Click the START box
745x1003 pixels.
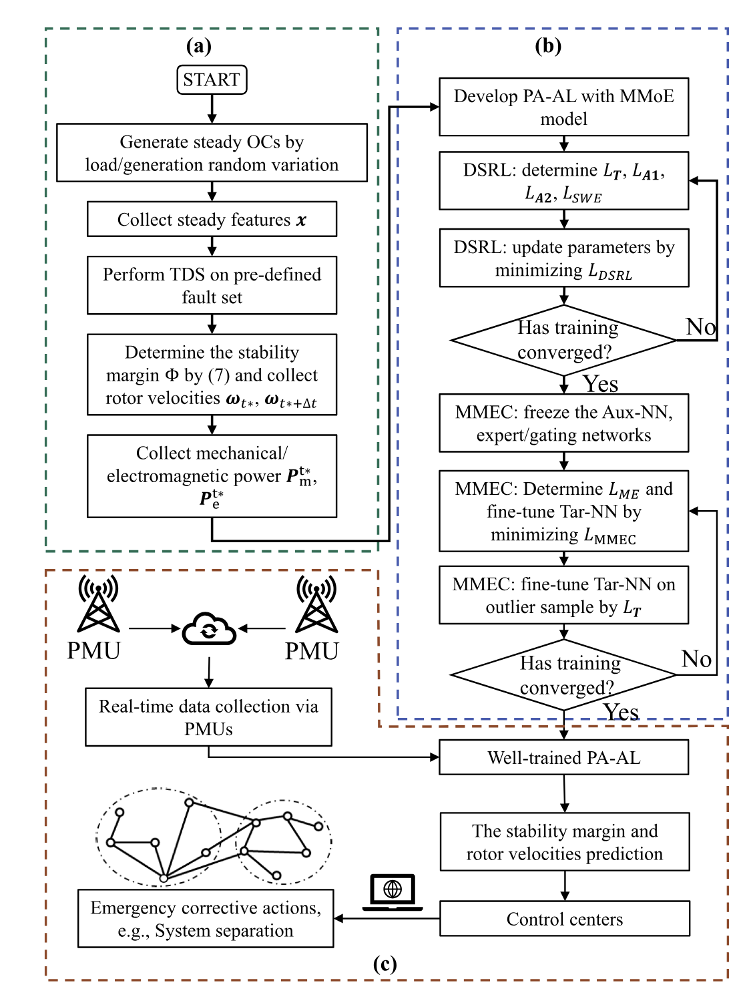coord(212,79)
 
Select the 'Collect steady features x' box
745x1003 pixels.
coord(212,219)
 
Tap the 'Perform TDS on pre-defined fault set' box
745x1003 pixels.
coord(212,285)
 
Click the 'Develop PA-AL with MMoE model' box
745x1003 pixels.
coord(563,107)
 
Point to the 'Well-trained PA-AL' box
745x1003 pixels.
coord(563,757)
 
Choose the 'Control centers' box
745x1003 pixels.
coord(564,919)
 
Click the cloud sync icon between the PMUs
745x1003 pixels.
coord(209,628)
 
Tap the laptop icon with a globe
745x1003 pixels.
coord(393,892)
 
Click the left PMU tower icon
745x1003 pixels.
coord(99,604)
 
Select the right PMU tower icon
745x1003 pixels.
coord(316,604)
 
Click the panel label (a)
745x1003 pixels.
coord(199,46)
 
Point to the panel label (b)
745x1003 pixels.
coord(548,46)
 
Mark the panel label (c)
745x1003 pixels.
coord(385,964)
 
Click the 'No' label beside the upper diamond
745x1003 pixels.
coord(701,327)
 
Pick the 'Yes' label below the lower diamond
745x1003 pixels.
coord(621,713)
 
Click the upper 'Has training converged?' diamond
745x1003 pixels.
coord(563,340)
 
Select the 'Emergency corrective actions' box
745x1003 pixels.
coord(206,918)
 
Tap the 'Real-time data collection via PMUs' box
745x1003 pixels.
coord(208,717)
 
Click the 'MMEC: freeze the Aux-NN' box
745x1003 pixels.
coord(563,423)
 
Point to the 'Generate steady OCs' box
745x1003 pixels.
coord(212,153)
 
